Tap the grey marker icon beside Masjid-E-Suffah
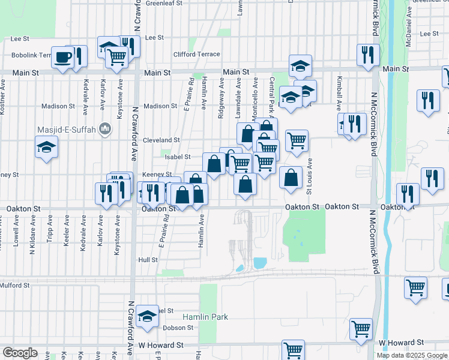click(106, 128)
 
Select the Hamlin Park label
click(206, 317)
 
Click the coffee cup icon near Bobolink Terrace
click(62, 58)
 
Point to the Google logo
click(20, 353)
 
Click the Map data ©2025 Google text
click(411, 355)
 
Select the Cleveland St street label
click(161, 140)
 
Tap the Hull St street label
click(147, 260)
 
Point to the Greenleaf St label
click(164, 3)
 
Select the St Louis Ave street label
click(310, 176)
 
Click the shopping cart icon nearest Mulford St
click(415, 287)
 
